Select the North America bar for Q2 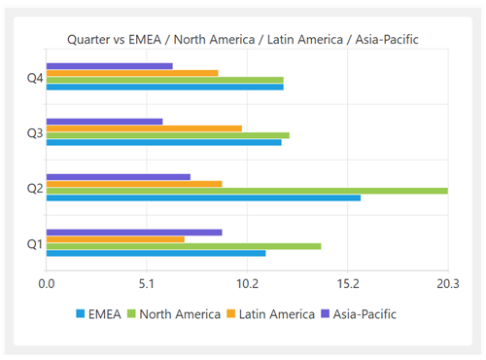point(247,191)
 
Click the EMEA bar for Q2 point(203,198)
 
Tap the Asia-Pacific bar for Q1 point(134,233)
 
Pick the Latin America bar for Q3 point(144,128)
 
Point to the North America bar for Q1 point(184,246)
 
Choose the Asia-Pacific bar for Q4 point(110,66)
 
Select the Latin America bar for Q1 point(116,239)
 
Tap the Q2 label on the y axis point(34,188)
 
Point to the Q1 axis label point(34,243)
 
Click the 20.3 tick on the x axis point(447,284)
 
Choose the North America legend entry point(175,313)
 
